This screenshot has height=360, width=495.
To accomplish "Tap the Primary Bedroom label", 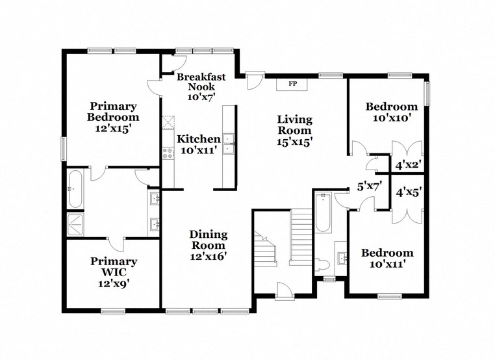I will coord(113,117).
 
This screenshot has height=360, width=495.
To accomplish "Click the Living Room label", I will coord(295,130).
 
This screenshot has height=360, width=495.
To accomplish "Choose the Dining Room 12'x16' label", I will coord(208,245).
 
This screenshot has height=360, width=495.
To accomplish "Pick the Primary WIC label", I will coord(114,272).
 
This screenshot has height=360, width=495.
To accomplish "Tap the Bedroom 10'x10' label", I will coord(391,112).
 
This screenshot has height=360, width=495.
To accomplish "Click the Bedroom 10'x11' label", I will coord(387,258).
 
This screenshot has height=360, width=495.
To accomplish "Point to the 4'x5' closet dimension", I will coord(409,192).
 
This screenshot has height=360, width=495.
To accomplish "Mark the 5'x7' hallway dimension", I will coord(369,186).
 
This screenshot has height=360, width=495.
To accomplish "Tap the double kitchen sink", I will coord(228,143).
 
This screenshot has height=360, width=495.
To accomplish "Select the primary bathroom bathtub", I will coord(74,188).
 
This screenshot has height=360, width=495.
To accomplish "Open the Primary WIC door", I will coord(116,243).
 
